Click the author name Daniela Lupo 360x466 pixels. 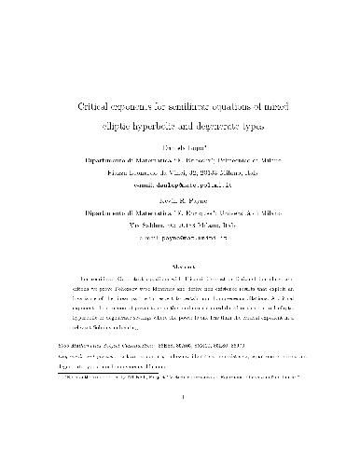180,147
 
